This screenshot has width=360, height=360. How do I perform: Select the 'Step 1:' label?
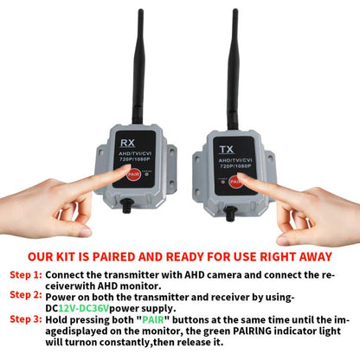pos(26,274)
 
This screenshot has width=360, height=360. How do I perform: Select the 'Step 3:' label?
pos(26,318)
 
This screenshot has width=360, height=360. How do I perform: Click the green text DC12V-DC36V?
pos(90,307)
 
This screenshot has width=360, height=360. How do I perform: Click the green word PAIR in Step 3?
pos(143,318)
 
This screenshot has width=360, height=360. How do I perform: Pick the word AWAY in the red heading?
pos(309,256)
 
